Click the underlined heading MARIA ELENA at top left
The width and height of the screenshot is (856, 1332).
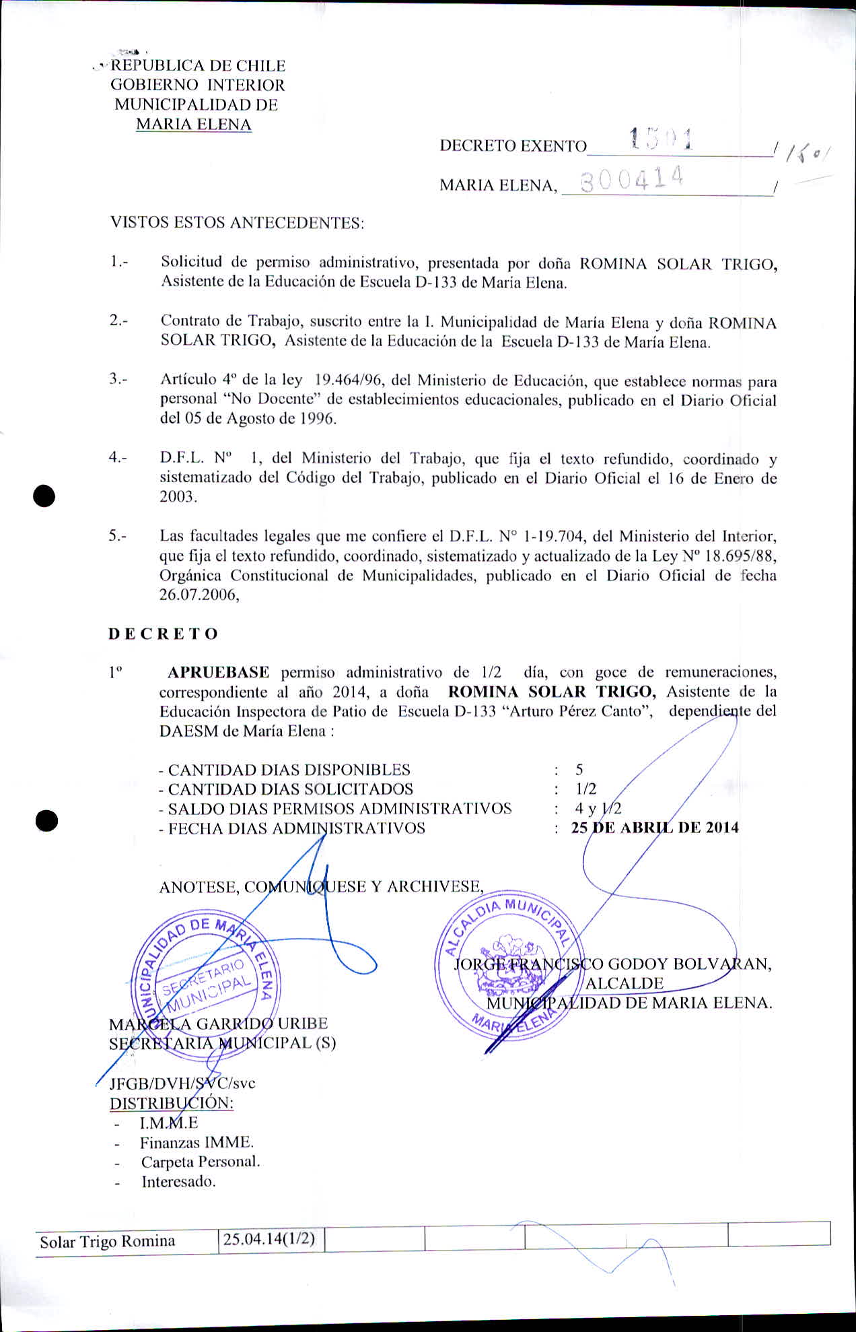pos(194,125)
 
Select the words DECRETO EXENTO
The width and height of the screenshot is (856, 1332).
pos(513,145)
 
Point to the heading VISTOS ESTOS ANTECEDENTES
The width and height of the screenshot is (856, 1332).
pos(237,223)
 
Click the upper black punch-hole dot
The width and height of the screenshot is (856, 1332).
pos(44,496)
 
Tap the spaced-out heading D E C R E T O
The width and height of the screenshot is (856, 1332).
pos(164,634)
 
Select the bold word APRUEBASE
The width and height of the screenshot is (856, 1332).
pos(218,672)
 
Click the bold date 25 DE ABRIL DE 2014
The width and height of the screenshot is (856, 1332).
pos(654,828)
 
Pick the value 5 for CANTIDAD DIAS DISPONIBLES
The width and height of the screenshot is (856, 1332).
pos(579,770)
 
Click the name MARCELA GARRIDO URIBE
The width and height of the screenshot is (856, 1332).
pos(219,1024)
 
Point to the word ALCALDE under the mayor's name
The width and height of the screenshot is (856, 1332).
pos(625,983)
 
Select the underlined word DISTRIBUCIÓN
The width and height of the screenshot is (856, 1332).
pos(172,1103)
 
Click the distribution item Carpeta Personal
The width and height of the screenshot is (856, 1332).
pos(201,1162)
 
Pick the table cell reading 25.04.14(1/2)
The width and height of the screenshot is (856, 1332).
pos(269,1239)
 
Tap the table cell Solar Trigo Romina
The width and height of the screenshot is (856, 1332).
pos(108,1241)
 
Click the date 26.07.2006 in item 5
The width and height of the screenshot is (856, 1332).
pos(199,595)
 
